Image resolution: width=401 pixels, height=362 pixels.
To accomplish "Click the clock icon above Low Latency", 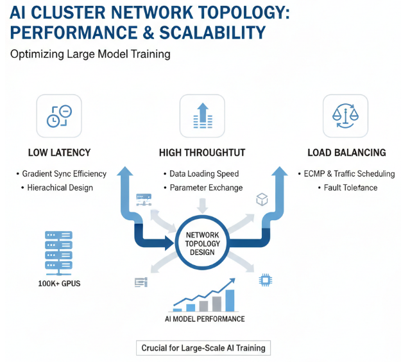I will tap(59, 116).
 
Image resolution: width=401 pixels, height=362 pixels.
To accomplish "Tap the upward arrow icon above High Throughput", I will tap(202, 116).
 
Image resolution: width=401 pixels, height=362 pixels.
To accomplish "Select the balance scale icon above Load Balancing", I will tap(345, 116).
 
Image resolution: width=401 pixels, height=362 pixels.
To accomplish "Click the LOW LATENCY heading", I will tap(59, 153).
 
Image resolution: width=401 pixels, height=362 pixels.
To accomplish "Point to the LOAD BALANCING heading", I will tap(346, 153).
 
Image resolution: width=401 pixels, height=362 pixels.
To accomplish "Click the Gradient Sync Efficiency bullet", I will tap(64, 174).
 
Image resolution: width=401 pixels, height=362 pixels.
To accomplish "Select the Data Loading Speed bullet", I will tap(204, 174).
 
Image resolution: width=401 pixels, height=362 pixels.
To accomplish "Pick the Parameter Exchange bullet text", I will tap(206, 188).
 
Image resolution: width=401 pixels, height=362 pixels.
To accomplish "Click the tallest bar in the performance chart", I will tap(230, 300).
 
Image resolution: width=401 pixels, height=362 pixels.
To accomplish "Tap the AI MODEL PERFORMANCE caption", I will tap(201, 319).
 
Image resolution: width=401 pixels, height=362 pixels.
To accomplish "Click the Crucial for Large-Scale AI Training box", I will tap(203, 348).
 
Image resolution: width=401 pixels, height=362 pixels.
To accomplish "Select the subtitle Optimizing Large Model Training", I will tap(90, 54).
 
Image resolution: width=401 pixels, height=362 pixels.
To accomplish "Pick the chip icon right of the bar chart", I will tap(264, 280).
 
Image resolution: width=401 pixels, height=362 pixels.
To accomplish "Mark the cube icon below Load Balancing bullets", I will tap(262, 200).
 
